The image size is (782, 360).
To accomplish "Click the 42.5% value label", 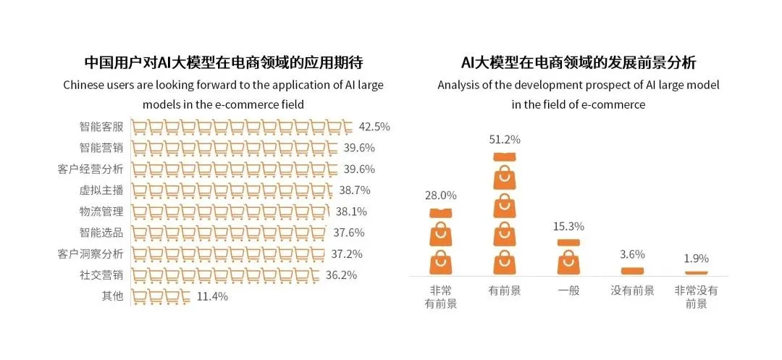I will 374,127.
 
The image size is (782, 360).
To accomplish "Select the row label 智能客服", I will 101,127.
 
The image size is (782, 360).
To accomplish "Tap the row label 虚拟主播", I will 101,191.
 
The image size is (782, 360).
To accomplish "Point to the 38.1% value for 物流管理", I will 351,212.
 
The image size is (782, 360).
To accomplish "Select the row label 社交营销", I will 101,275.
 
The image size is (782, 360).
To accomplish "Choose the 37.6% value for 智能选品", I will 348,233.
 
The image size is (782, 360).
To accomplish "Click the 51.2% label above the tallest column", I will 505,140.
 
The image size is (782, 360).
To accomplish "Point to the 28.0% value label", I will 441,196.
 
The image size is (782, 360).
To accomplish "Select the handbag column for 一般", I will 568,256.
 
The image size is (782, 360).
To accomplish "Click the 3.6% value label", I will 632,254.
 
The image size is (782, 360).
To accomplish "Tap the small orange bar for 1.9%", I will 696,272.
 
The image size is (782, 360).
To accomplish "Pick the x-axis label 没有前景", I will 632,290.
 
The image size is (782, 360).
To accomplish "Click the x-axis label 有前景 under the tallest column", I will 505,290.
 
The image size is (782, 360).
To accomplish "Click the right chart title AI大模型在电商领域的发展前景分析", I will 579,62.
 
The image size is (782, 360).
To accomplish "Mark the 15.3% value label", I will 568,226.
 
